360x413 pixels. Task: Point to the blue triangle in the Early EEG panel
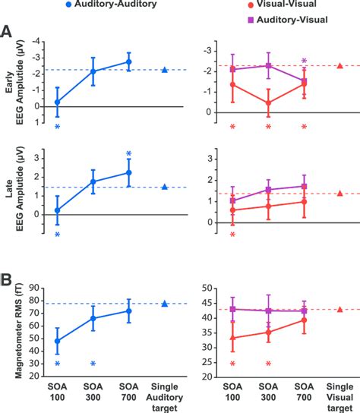tap(165, 70)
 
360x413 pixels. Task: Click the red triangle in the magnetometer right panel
tap(339, 309)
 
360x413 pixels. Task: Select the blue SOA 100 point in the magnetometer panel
tap(58, 341)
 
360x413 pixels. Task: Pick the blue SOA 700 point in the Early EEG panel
tap(129, 61)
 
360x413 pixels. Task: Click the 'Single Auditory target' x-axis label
tap(165, 396)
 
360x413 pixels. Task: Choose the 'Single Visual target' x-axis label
tap(339, 396)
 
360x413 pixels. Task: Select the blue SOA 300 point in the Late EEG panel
tap(93, 181)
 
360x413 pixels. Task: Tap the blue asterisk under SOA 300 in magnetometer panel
tap(93, 364)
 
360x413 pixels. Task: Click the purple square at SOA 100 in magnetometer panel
tap(232, 309)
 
